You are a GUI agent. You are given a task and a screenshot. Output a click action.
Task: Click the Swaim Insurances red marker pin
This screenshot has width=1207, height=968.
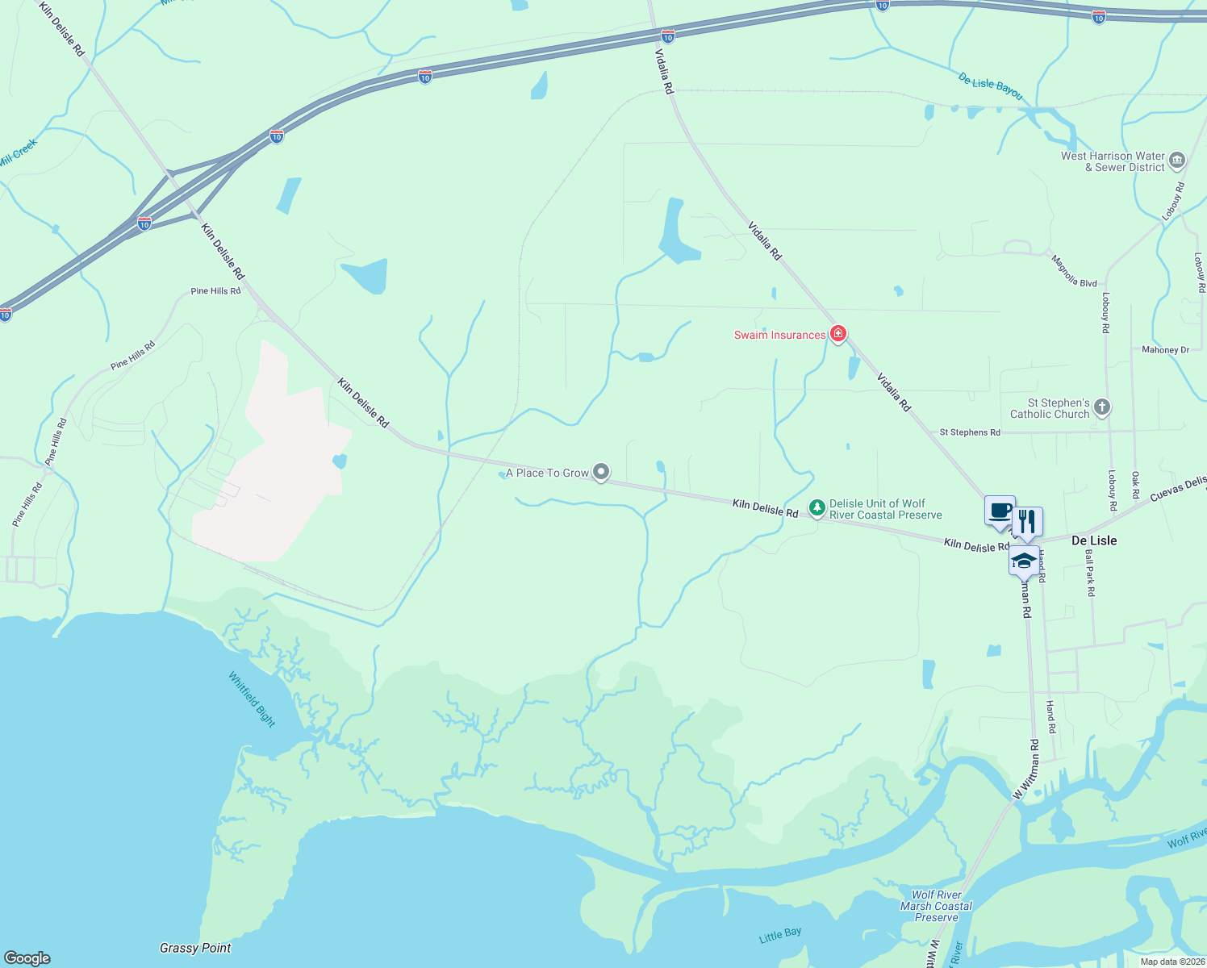point(838,334)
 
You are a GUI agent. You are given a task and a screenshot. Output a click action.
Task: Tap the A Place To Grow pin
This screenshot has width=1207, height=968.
point(601,472)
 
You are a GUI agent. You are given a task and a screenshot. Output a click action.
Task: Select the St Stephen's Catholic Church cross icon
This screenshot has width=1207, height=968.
point(1102,407)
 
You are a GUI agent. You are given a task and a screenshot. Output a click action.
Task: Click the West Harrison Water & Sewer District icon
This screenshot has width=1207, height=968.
point(1177,161)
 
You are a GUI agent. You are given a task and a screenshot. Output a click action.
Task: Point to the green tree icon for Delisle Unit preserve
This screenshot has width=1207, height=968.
point(817,508)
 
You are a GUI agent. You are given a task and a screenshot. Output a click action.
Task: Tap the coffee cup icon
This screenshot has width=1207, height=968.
point(1000,511)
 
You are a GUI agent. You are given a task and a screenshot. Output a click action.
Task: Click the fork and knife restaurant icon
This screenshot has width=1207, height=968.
point(1027,522)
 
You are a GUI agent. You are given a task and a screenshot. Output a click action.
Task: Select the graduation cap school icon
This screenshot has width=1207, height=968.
point(1024,561)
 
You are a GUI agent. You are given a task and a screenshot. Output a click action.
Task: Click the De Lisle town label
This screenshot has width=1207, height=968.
point(1094,540)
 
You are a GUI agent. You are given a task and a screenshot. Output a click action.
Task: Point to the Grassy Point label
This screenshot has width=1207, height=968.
point(195,948)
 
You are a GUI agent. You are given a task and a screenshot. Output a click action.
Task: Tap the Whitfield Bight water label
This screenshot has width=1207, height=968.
point(252,699)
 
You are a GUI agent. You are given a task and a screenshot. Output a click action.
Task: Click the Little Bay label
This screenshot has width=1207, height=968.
point(780,936)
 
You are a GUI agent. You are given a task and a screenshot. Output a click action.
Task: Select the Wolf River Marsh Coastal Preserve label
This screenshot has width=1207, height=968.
point(936,906)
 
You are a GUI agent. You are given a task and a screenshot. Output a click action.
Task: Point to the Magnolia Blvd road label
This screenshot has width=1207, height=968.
point(1074,272)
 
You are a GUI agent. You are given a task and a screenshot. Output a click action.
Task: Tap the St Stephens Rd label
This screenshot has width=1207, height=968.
point(970,432)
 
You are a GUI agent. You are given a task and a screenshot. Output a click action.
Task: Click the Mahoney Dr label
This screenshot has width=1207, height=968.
point(1165,350)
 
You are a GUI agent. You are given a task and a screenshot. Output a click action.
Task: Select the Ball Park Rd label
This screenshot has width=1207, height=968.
point(1090,574)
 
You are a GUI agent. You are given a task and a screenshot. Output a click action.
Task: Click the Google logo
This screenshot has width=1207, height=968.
point(27,958)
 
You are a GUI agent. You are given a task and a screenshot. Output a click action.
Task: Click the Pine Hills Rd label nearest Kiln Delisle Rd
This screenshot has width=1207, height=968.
point(215,291)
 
